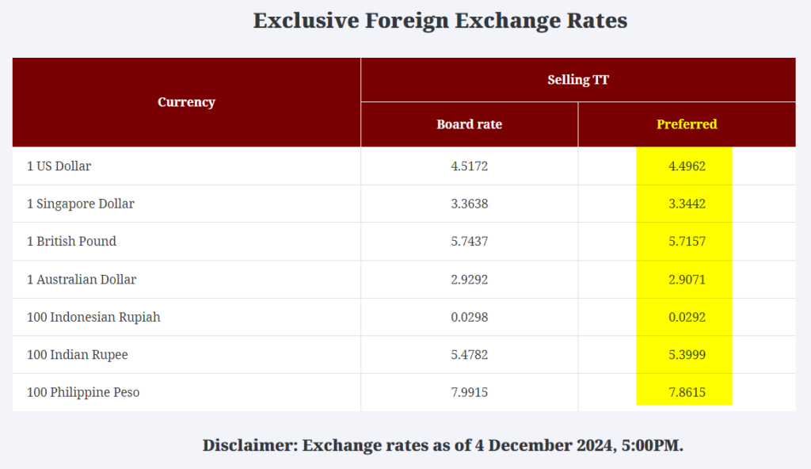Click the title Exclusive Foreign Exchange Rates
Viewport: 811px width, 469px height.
pos(440,21)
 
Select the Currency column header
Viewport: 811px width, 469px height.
pos(186,101)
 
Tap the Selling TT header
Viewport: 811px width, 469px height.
pos(578,79)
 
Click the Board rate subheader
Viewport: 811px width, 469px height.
pos(469,124)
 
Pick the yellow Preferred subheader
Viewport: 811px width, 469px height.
pos(687,124)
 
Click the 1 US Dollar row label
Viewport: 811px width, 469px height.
pos(59,166)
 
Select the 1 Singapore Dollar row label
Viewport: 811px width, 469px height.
pos(81,204)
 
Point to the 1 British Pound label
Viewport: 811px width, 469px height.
pos(71,242)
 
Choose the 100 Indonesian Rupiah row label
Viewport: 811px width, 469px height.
pos(93,317)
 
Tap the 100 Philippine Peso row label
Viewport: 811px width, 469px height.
pos(83,392)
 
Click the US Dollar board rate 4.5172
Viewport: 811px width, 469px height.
pos(469,166)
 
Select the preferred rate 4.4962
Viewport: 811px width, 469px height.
pos(687,166)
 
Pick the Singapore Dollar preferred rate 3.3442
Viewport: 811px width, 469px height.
pos(687,204)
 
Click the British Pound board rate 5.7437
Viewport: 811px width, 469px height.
pos(469,242)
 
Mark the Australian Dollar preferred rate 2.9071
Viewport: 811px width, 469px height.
pos(687,280)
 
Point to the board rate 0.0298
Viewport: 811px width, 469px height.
pos(469,317)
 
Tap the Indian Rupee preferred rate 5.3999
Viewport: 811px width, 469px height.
pos(687,355)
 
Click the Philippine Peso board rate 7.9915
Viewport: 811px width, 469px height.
pos(469,392)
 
